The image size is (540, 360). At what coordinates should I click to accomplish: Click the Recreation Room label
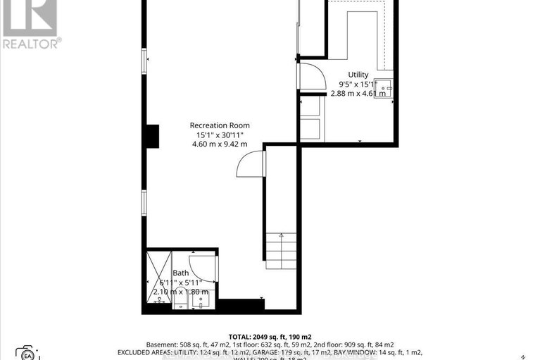pyautogui.click(x=220, y=125)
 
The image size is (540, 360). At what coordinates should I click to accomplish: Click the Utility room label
pyautogui.click(x=358, y=74)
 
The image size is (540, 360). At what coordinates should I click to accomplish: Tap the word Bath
pyautogui.click(x=181, y=273)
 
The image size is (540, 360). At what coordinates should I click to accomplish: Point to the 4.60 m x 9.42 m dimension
pyautogui.click(x=220, y=144)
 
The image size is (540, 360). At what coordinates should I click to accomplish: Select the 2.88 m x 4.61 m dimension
pyautogui.click(x=358, y=93)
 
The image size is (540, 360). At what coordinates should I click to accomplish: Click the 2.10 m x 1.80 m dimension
pyautogui.click(x=181, y=292)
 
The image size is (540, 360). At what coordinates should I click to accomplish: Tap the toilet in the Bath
pyautogui.click(x=161, y=302)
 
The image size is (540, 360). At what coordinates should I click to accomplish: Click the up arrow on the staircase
pyautogui.click(x=281, y=238)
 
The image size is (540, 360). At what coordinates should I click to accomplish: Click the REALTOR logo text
pyautogui.click(x=31, y=43)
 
